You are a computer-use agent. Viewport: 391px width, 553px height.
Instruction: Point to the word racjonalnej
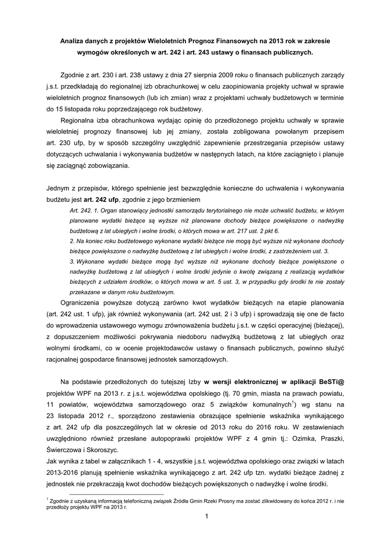tap(65, 359)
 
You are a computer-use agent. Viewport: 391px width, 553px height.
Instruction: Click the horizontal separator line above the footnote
tap(116, 494)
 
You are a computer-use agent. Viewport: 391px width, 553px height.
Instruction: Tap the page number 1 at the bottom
tap(206, 517)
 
